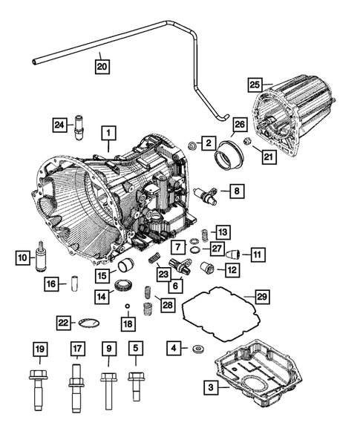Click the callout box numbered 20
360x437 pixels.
pyautogui.click(x=102, y=66)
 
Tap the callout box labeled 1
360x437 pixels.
pyautogui.click(x=108, y=134)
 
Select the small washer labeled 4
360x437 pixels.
pyautogui.click(x=197, y=349)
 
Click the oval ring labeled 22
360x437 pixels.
pyautogui.click(x=88, y=321)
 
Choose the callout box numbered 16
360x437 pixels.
pyautogui.click(x=51, y=283)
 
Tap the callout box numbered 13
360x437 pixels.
pyautogui.click(x=223, y=231)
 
